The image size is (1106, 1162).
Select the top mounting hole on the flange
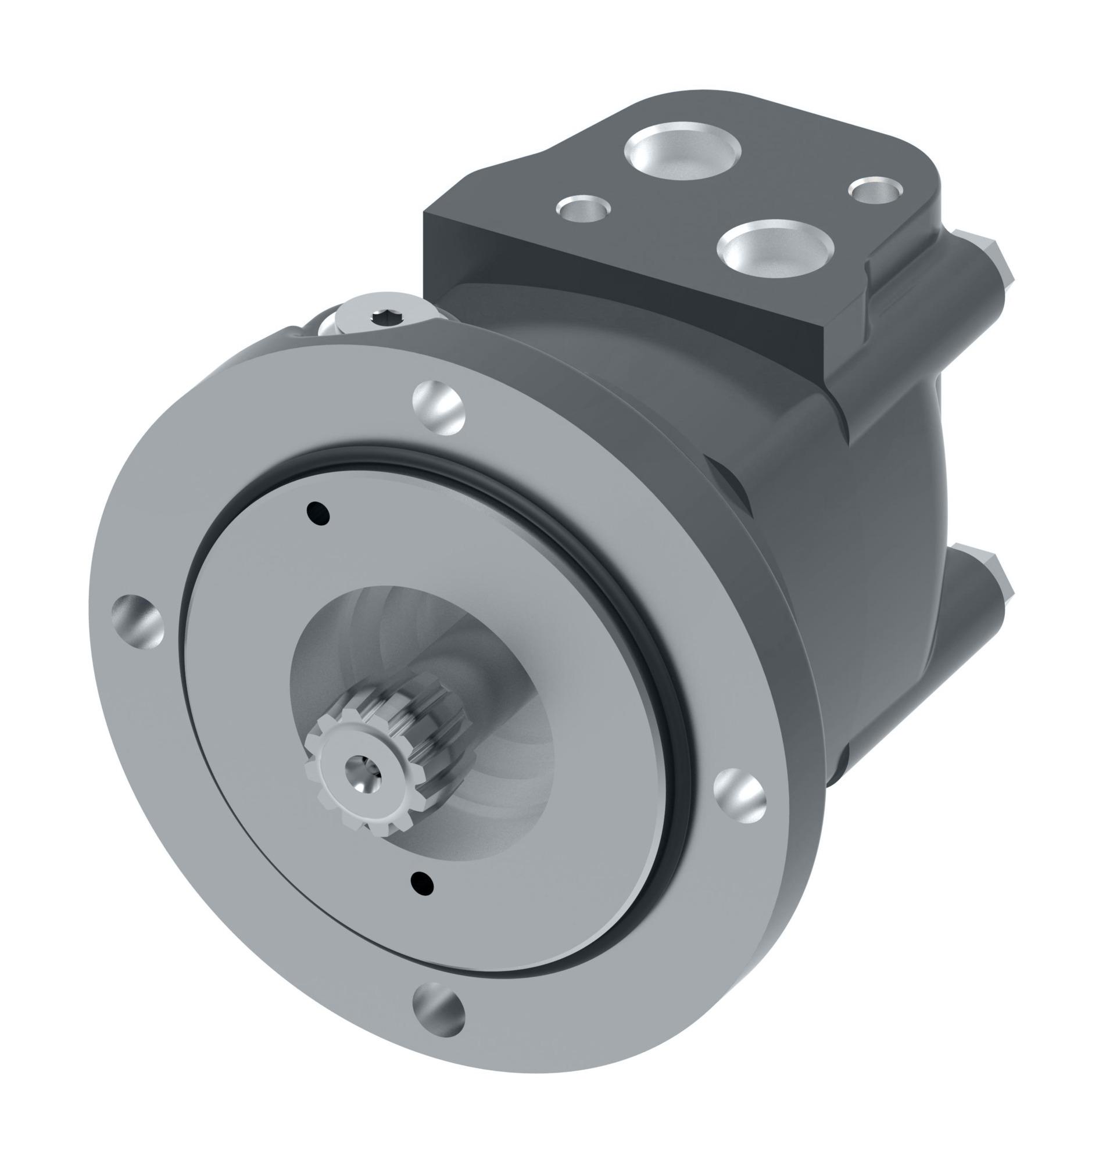(439, 408)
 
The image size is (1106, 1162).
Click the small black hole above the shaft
(318, 513)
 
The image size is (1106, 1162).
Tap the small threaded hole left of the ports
(584, 209)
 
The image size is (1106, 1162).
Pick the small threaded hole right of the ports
(874, 190)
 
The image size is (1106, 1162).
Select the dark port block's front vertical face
(619, 283)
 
